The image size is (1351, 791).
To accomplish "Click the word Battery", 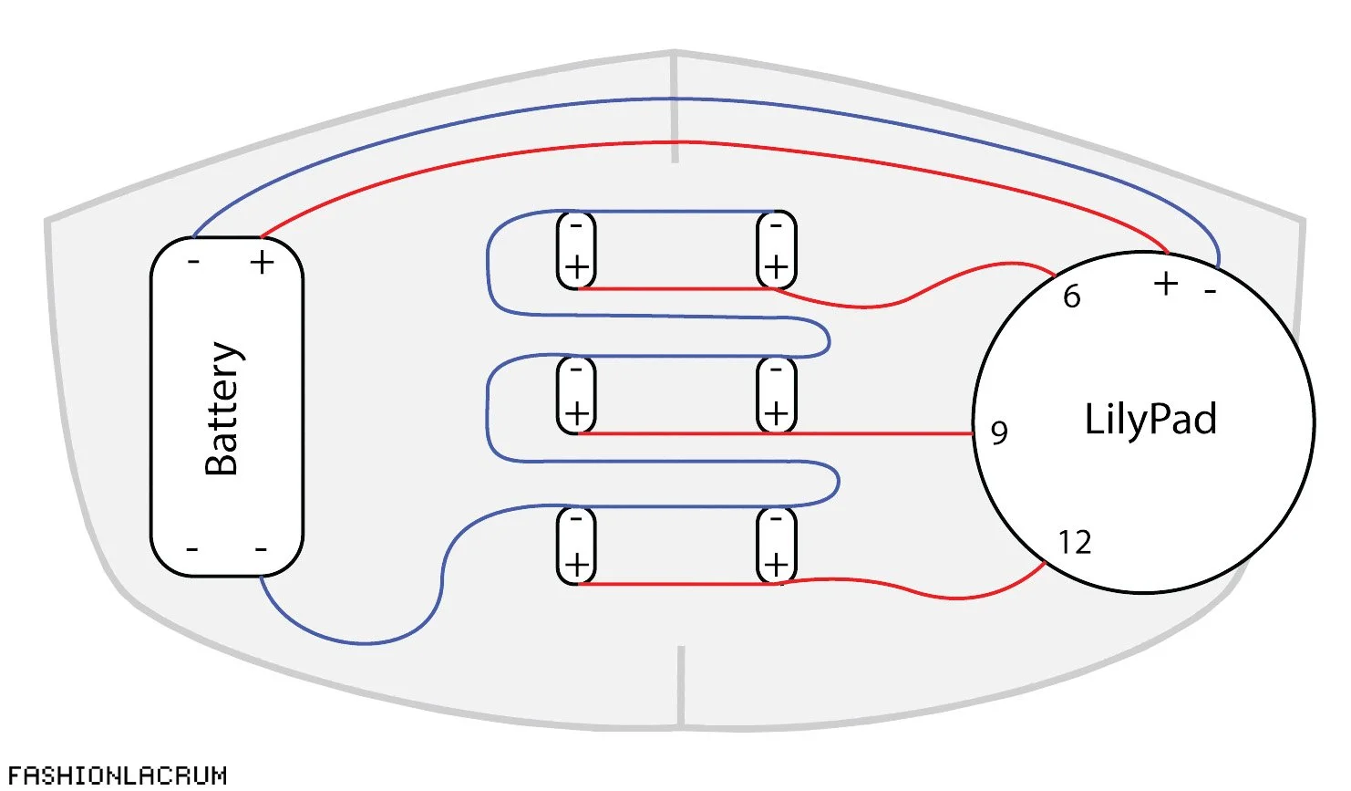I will (222, 409).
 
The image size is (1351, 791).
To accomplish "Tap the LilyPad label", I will (1150, 419).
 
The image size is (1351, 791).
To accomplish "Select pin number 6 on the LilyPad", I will (1072, 297).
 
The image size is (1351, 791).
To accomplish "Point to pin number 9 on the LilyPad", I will (999, 432).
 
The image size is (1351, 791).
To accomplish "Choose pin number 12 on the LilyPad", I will (1075, 543).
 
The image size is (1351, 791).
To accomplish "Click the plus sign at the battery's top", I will (263, 263).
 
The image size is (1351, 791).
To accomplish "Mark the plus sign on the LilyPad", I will (1166, 284).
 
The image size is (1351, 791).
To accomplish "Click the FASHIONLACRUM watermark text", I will (117, 775).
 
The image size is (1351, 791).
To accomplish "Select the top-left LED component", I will (576, 249).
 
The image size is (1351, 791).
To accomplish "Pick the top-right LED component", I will (776, 249).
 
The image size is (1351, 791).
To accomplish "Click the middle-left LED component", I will (576, 394).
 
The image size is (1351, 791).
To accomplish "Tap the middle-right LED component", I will (776, 394).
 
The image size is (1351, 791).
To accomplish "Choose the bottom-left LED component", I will (576, 546).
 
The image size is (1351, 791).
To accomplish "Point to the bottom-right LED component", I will (776, 546).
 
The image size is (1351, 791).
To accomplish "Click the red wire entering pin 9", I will (875, 433).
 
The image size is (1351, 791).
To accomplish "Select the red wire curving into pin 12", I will (957, 598).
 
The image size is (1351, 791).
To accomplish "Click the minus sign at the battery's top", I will (193, 263).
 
